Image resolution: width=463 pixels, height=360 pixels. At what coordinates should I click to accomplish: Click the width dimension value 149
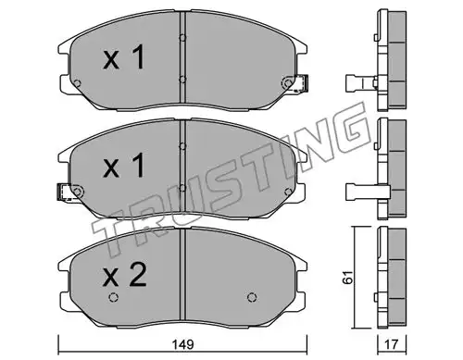[182, 344]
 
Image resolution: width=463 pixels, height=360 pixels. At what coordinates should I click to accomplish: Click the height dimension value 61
[348, 278]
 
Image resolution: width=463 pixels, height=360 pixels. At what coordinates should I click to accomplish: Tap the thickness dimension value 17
[392, 344]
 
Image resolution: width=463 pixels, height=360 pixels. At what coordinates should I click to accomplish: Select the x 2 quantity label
[125, 276]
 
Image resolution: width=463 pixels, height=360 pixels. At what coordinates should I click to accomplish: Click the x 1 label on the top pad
[124, 57]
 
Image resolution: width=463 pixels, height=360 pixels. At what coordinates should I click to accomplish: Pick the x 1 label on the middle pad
[124, 166]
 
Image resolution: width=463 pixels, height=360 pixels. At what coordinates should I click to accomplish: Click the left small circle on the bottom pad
[113, 297]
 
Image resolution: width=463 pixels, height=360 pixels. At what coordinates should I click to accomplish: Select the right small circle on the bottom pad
[252, 297]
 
